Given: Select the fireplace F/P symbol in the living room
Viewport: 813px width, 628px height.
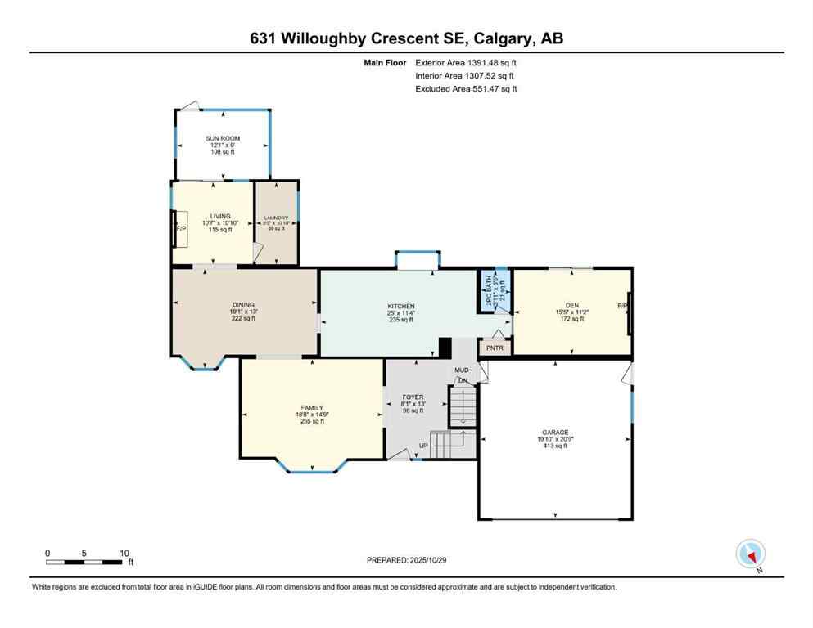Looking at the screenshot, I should click(x=182, y=229).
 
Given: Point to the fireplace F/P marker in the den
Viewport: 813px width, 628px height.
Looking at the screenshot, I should click(x=623, y=306).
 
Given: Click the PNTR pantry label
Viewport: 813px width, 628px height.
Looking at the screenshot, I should click(x=495, y=348).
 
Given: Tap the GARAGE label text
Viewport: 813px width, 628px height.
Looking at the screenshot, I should click(x=554, y=432).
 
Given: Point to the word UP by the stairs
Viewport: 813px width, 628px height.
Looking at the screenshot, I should click(x=423, y=446).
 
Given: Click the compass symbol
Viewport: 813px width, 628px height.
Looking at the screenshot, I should click(x=750, y=554).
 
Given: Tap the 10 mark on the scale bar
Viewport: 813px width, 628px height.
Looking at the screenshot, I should click(x=124, y=553).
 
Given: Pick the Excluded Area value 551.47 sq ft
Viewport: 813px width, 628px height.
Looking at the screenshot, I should click(x=489, y=88).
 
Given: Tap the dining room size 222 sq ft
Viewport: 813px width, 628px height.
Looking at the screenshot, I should click(x=243, y=318).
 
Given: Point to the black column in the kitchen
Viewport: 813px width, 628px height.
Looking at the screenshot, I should click(x=445, y=348).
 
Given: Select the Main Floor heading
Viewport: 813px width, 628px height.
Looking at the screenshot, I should click(x=386, y=62).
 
